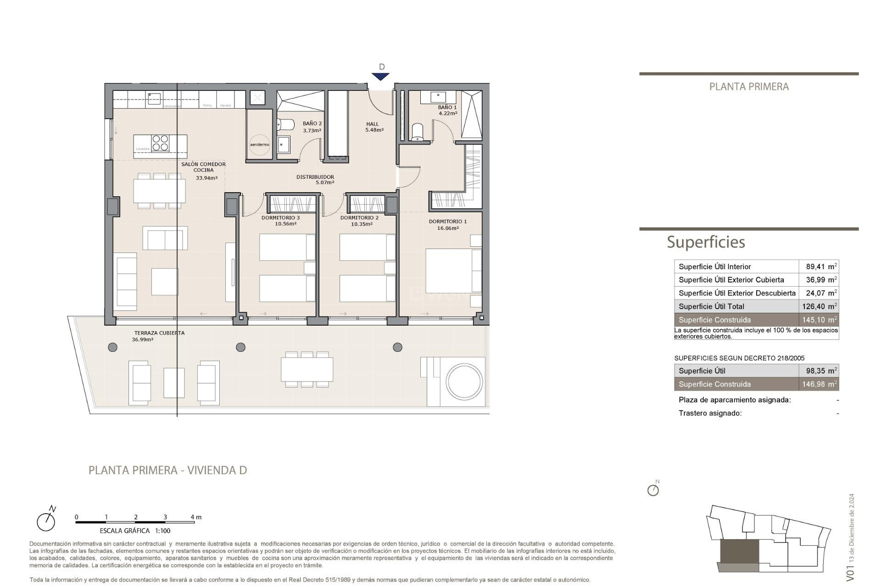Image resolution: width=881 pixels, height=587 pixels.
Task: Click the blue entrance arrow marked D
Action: pos(380,77)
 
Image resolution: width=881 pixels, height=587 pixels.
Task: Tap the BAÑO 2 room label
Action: pos(312,127)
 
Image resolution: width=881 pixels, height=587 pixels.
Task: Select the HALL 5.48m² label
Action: pos(374,127)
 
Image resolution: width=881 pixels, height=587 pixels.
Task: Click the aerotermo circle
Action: pos(260,144)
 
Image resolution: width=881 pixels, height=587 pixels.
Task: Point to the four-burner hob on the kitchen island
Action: pos(161,143)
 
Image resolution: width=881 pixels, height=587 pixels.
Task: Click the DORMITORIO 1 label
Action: pos(447,224)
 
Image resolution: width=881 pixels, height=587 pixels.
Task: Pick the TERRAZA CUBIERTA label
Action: pos(159,336)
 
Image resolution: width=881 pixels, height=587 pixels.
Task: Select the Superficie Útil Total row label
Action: pos(711,306)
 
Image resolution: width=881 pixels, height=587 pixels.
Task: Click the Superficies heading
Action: pos(705,242)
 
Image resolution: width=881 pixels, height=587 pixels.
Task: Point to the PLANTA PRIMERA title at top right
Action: pos(748,87)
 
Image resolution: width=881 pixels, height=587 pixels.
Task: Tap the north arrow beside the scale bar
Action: pos(46,520)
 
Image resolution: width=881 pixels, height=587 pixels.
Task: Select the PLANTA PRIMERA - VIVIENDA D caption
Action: pos(167,470)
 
